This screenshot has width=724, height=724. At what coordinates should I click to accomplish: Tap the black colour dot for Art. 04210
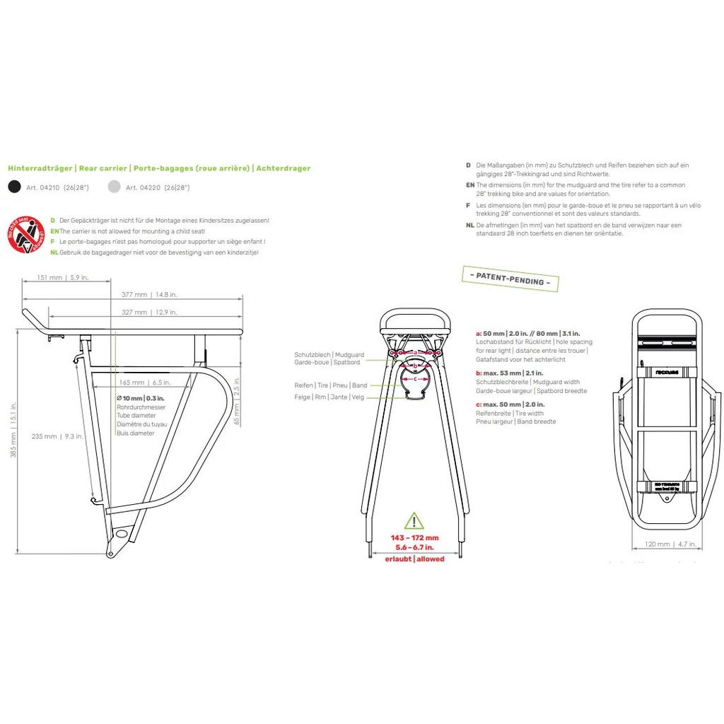[x=14, y=187]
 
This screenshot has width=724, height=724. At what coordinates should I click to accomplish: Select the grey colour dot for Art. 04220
[x=114, y=187]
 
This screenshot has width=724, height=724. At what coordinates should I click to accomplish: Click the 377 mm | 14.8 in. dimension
[x=148, y=295]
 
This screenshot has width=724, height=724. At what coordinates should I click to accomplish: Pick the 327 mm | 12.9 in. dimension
[x=148, y=312]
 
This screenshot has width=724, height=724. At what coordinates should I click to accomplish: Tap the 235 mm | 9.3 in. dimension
[x=58, y=436]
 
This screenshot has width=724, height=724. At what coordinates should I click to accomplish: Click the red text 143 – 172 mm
[x=414, y=537]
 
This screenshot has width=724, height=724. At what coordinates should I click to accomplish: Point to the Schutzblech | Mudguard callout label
[x=329, y=354]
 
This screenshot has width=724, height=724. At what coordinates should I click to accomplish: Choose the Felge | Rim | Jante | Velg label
[x=329, y=397]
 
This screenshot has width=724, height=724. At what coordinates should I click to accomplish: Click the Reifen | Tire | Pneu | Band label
[x=331, y=385]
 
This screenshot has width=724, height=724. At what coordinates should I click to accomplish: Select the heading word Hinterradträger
[x=40, y=168]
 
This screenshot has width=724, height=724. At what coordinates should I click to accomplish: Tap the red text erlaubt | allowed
[x=414, y=559]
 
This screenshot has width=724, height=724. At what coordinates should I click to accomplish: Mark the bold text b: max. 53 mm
[x=501, y=373]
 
